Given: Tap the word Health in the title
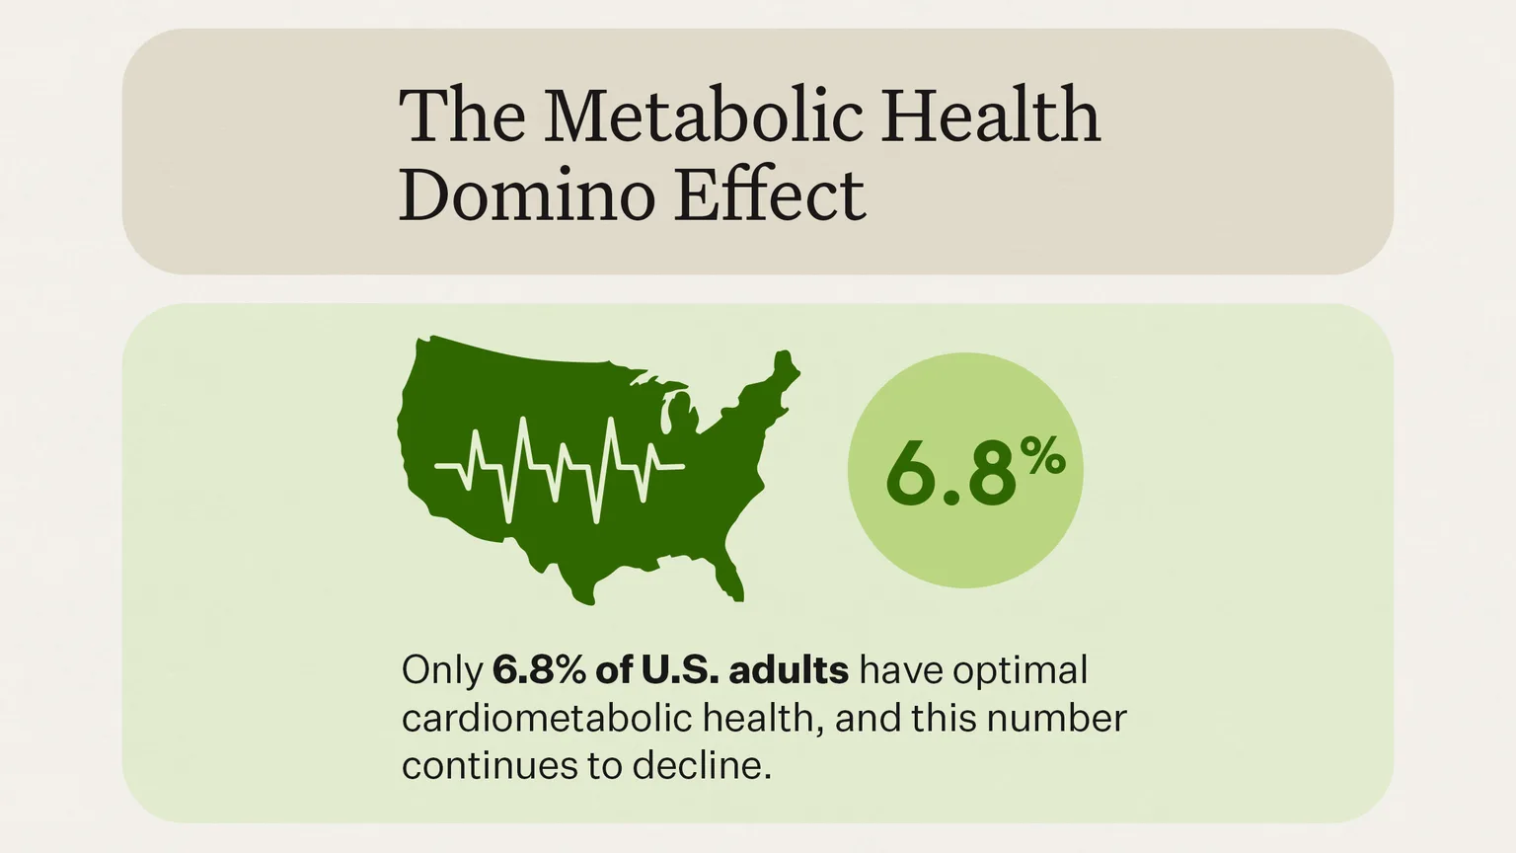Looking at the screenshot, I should click(x=990, y=116).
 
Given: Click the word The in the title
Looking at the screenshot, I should click(x=462, y=116).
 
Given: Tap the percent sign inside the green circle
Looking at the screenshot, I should click(x=1042, y=457).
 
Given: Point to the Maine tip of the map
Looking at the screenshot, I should click(x=786, y=366).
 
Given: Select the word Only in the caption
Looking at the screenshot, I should click(x=441, y=670).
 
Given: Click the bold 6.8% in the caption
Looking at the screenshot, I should click(x=539, y=670).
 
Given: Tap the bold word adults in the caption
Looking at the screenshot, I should click(x=789, y=670).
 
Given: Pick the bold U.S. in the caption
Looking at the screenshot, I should click(x=680, y=670).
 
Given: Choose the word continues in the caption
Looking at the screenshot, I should click(x=479, y=765).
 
